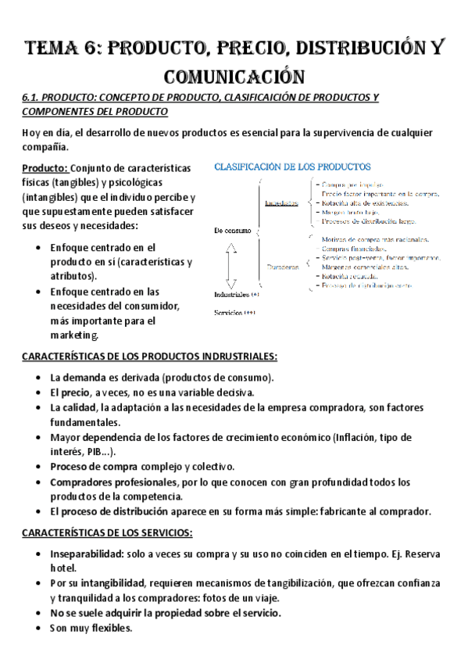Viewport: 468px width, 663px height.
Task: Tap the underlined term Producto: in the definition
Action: pyautogui.click(x=45, y=168)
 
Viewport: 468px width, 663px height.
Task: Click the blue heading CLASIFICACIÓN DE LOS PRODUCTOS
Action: pyautogui.click(x=292, y=167)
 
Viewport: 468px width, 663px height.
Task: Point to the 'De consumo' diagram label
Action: pyautogui.click(x=232, y=231)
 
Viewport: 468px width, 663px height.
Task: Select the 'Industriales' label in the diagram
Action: pyautogui.click(x=231, y=295)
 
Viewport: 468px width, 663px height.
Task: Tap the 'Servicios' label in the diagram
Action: pyautogui.click(x=230, y=312)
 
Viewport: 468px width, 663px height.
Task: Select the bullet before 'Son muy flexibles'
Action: pyautogui.click(x=39, y=628)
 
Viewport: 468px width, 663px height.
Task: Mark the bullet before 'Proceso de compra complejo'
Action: pyautogui.click(x=39, y=467)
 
